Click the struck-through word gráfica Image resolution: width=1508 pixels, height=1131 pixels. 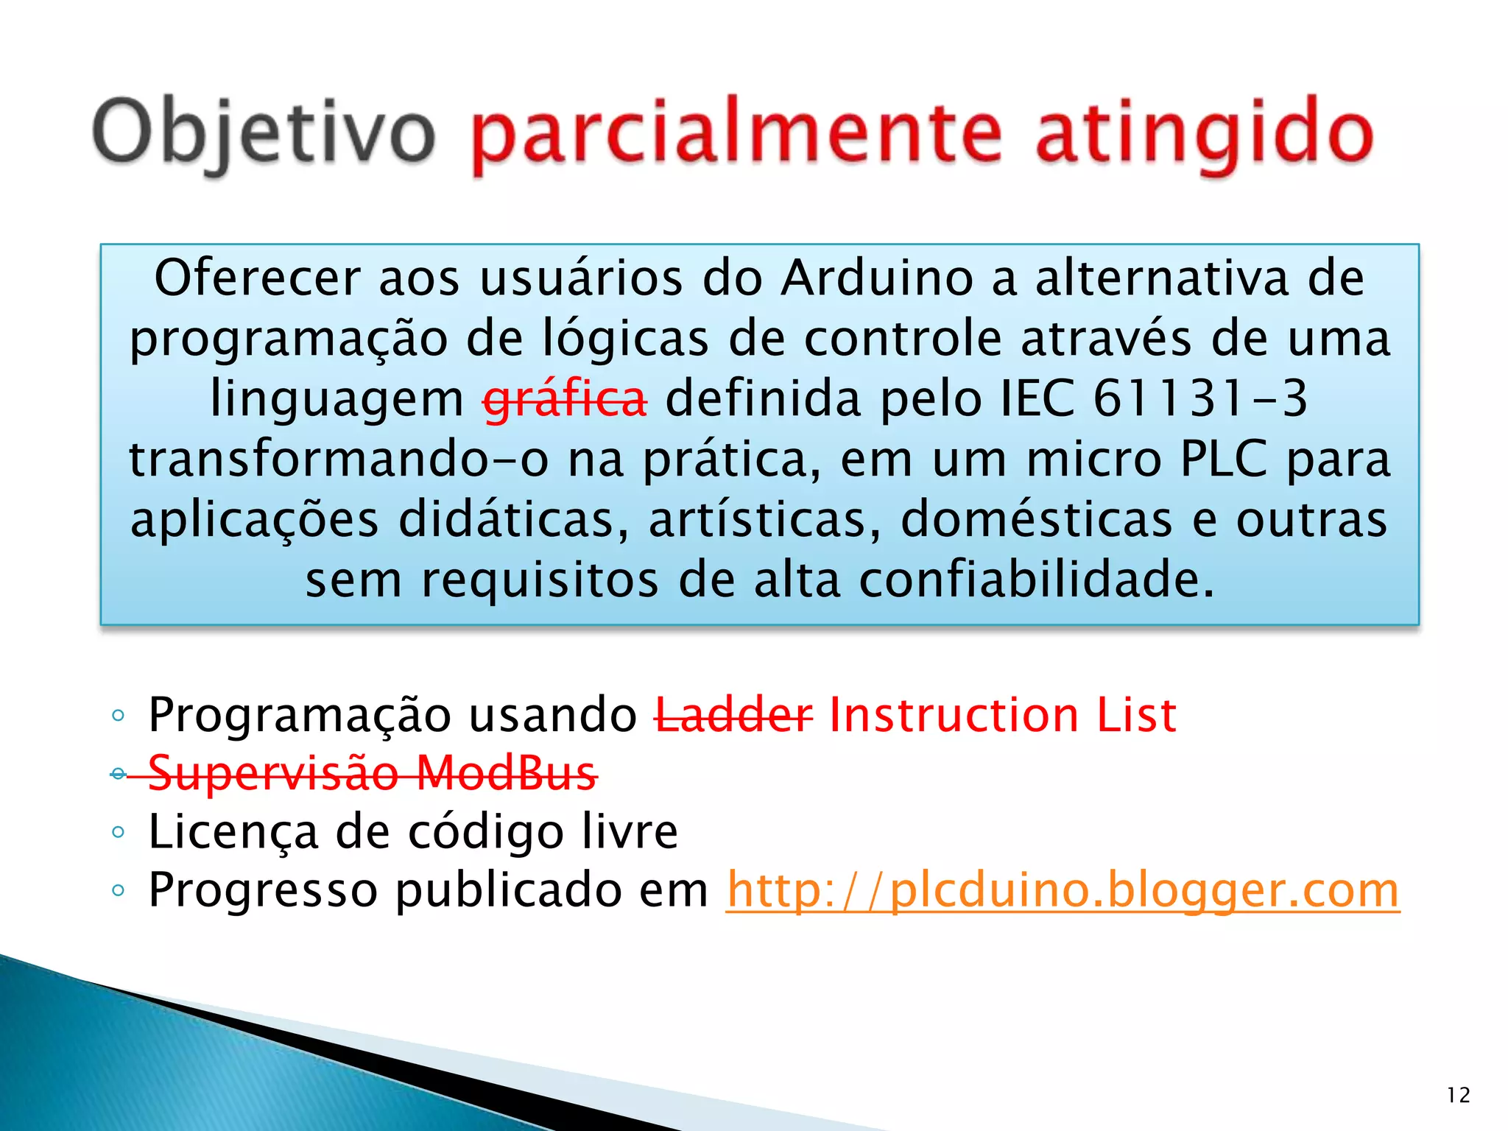tap(565, 399)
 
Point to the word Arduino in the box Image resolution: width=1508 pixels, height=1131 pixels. tap(877, 278)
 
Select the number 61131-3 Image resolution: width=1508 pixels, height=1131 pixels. tap(1199, 399)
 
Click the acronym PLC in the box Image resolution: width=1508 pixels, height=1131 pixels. tap(1223, 459)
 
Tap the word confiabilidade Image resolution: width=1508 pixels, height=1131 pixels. tap(1036, 580)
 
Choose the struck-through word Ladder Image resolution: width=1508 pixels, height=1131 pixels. tap(734, 715)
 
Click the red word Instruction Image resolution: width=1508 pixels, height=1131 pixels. tap(954, 715)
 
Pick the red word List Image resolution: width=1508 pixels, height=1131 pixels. tap(1136, 715)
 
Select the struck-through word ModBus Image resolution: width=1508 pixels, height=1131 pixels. tap(506, 773)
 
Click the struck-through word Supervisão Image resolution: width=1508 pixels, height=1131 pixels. tap(273, 773)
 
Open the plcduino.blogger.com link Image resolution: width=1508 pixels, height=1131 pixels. tap(1063, 890)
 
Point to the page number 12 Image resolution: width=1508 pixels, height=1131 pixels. tap(1458, 1096)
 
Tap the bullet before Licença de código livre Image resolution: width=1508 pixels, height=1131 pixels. tap(119, 833)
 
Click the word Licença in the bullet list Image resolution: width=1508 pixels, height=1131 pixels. tap(233, 833)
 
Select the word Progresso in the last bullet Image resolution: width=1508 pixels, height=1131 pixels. tap(263, 890)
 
